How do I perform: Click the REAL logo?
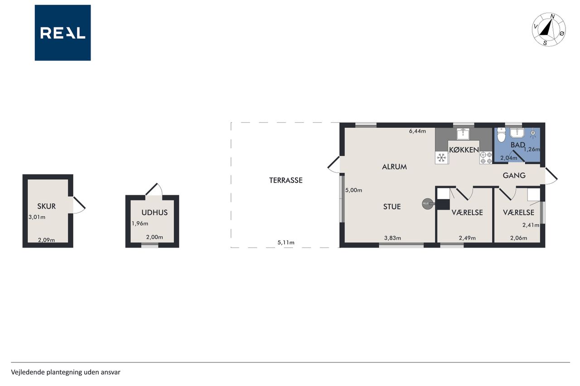[x=63, y=33]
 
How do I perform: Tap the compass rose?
[x=549, y=30]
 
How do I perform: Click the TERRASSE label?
[x=285, y=180]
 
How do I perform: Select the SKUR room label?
[x=46, y=206]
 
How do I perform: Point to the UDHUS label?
[x=155, y=213]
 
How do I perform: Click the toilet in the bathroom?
[x=501, y=134]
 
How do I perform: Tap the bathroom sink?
[x=517, y=133]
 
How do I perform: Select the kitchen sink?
[x=463, y=133]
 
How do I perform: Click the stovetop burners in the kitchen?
[x=486, y=158]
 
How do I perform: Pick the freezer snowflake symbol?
[x=441, y=157]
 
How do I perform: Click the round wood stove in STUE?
[x=427, y=204]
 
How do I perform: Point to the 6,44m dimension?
[x=417, y=131]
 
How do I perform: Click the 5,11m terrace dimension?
[x=286, y=243]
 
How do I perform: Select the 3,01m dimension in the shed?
[x=37, y=217]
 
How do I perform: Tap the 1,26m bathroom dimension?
[x=532, y=149]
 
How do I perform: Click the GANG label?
[x=514, y=176]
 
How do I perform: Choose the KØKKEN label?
[x=464, y=150]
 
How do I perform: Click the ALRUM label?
[x=394, y=167]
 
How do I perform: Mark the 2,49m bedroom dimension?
[x=467, y=238]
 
